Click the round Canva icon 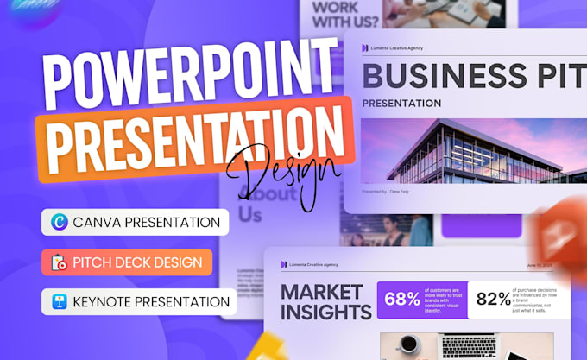[60, 222]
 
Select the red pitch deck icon [59, 262]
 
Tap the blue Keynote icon [60, 302]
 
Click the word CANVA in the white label [98, 222]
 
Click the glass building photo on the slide [466, 152]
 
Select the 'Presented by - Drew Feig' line [385, 191]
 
